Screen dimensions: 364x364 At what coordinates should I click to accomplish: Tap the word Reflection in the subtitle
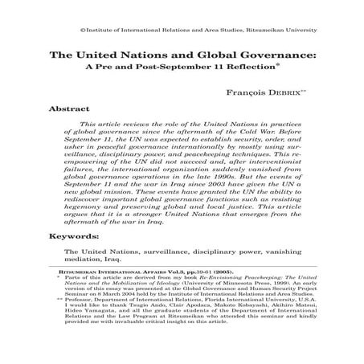[x=254, y=69]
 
